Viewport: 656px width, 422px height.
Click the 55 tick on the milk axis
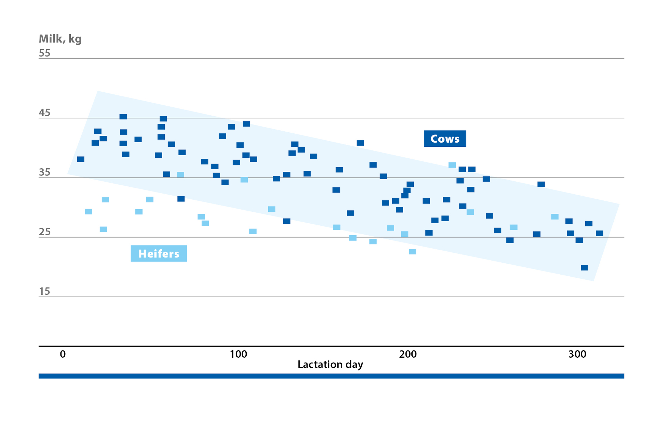[44, 53]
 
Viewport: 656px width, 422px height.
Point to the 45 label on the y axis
[44, 113]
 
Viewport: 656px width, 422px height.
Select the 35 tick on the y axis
[44, 172]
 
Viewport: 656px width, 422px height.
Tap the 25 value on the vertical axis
[44, 232]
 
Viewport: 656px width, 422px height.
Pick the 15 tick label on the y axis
[44, 291]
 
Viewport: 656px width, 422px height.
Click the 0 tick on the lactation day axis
[63, 354]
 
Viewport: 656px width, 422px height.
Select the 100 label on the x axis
[238, 354]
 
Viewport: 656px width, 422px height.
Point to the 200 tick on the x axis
[408, 354]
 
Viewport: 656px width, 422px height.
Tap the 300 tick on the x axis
[577, 354]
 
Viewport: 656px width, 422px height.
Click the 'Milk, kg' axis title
[60, 39]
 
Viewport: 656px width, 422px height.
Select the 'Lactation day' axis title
[330, 365]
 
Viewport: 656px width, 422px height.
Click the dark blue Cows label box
[445, 139]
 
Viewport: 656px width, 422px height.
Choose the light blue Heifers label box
[159, 253]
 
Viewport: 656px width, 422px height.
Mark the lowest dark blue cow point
[585, 268]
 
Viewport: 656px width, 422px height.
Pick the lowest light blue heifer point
[412, 252]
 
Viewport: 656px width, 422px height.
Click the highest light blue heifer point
[452, 165]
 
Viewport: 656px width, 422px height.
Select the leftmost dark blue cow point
[81, 159]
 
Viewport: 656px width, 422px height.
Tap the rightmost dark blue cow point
[600, 233]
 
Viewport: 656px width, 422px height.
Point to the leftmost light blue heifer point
[88, 212]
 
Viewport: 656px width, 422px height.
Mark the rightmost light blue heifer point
[555, 217]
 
